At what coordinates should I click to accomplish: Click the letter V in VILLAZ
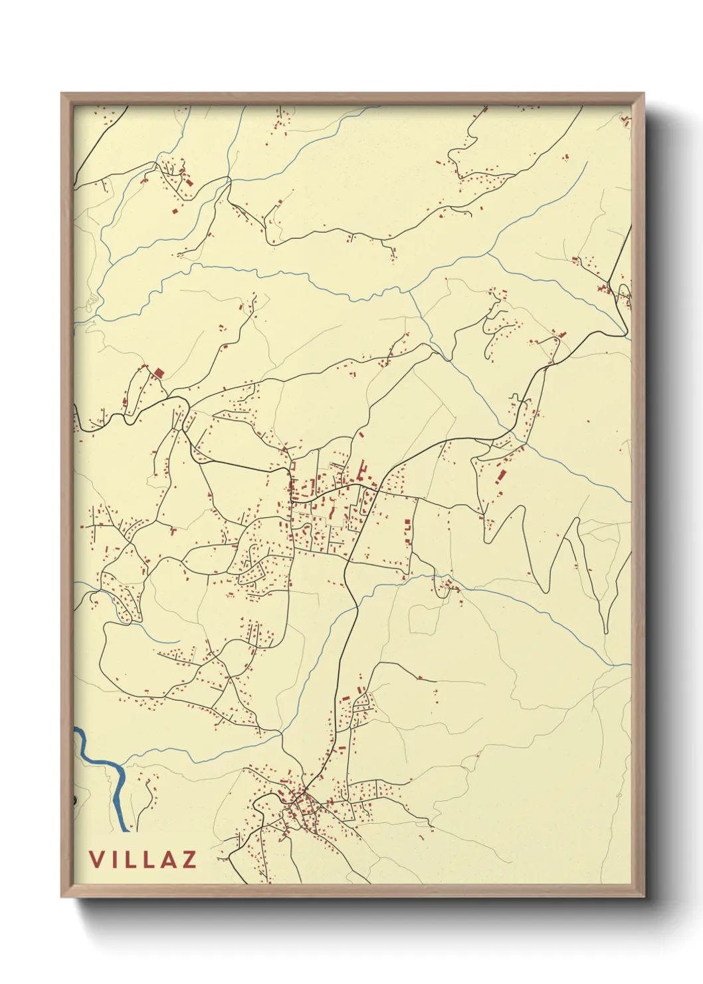point(97,859)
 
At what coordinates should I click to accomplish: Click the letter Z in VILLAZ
point(189,859)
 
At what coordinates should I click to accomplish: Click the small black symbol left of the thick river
point(74,799)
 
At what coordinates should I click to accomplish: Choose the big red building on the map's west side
point(159,374)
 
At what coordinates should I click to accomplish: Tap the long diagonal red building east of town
point(502,475)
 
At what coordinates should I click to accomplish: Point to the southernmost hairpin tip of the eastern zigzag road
point(606,632)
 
